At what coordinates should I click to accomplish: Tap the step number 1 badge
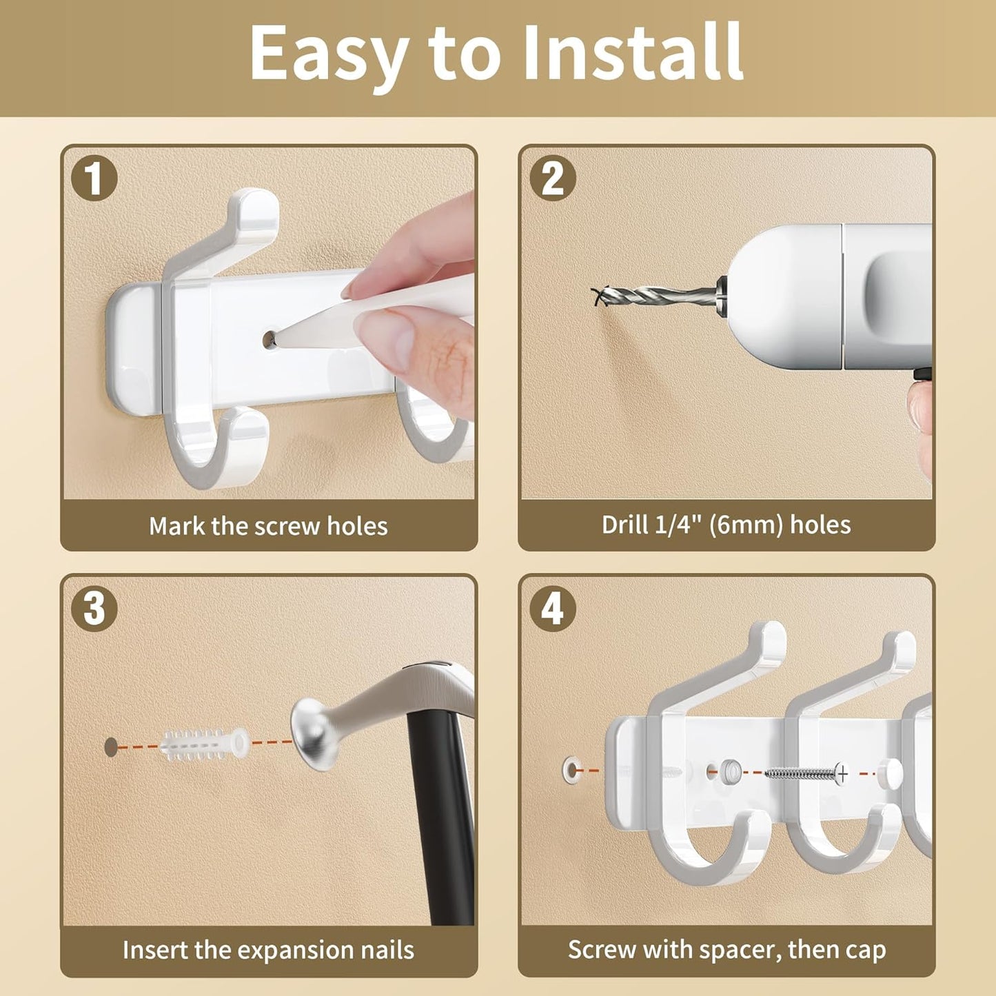(94, 179)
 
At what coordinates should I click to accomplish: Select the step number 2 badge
(553, 179)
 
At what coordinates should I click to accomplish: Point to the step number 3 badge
(94, 609)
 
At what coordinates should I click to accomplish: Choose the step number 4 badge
(553, 609)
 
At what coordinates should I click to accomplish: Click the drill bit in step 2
(656, 296)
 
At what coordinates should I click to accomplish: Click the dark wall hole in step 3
(111, 747)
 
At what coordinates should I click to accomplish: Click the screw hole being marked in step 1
(269, 340)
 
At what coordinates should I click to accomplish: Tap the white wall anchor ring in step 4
(571, 771)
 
